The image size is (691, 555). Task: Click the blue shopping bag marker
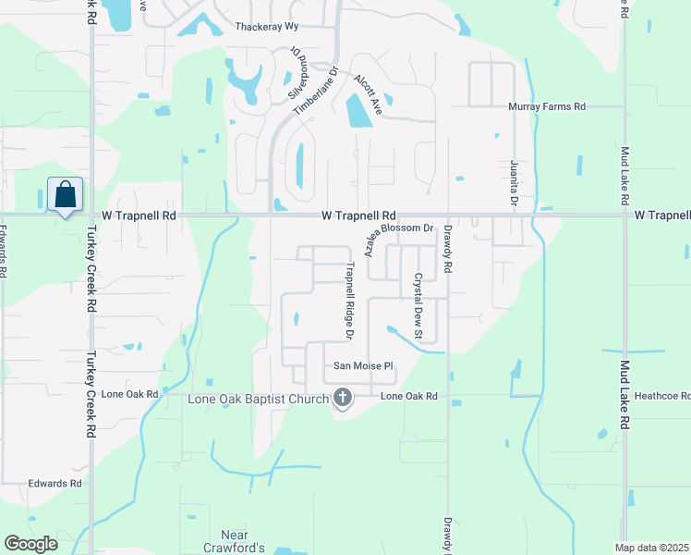tap(65, 195)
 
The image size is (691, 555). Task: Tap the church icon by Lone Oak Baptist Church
tap(343, 399)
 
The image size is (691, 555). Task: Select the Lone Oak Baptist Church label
tap(258, 400)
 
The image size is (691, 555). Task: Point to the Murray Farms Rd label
tap(547, 107)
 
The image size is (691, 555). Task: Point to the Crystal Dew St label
tap(418, 304)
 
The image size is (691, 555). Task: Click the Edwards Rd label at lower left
tap(55, 484)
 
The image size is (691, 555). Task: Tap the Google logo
tap(30, 544)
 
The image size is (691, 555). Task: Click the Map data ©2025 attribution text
tap(652, 548)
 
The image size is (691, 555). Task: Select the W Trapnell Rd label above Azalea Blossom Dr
tap(358, 215)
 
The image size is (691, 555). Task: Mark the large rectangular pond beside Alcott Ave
tap(358, 112)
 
